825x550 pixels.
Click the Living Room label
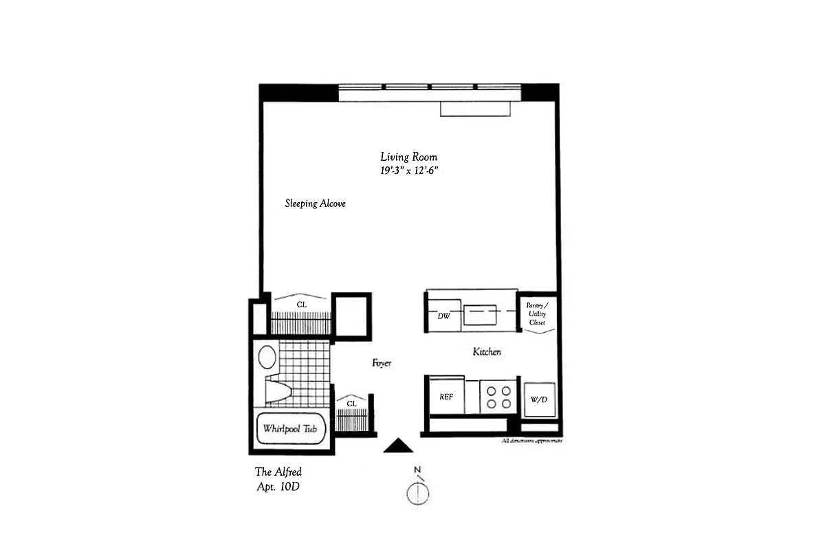pos(408,157)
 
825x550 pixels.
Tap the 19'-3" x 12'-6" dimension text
pos(409,172)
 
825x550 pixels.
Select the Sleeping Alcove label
pos(315,203)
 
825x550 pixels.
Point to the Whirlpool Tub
pos(290,428)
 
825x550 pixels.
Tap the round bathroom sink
pos(267,357)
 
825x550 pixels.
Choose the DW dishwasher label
pos(443,317)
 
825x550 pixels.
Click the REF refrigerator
pos(446,397)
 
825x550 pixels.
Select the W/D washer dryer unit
pos(538,399)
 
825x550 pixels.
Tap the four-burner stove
pos(498,397)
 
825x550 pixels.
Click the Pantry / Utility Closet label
pos(536,313)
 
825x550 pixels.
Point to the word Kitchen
pos(487,352)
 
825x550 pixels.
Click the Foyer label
pos(382,363)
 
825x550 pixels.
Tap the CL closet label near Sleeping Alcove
pos(301,304)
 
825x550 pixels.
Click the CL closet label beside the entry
pos(351,404)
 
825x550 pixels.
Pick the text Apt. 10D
pos(278,487)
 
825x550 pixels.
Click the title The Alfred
pos(278,472)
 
